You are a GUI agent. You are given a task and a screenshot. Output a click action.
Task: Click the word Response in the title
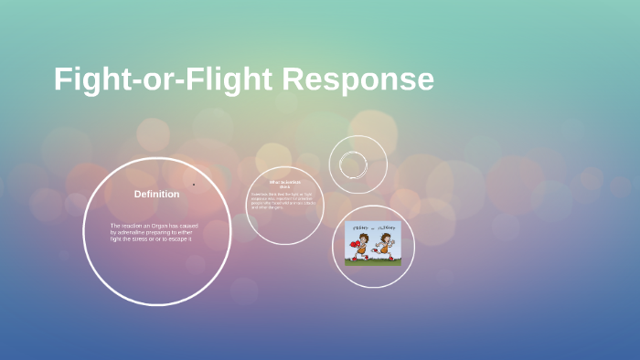coord(357,79)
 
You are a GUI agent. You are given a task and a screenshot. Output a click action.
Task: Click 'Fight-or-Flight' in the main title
coord(164,79)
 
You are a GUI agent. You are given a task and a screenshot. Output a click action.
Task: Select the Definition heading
coord(156,194)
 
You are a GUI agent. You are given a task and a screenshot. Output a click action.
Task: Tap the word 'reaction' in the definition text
coord(132,226)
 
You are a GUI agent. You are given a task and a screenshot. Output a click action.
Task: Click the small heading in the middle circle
coord(284,185)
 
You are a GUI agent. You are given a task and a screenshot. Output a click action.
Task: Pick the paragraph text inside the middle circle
coord(283,200)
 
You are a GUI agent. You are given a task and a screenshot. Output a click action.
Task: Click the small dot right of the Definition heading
coord(194,185)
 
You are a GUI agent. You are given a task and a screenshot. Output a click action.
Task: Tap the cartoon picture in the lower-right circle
coord(373,244)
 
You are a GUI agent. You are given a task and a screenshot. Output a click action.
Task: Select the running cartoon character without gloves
coord(386,246)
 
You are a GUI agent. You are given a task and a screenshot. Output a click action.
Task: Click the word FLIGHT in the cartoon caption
coord(388,228)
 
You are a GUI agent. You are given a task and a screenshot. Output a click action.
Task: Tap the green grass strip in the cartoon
coord(373,261)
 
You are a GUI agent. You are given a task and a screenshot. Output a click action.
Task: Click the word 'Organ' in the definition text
coord(162,226)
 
